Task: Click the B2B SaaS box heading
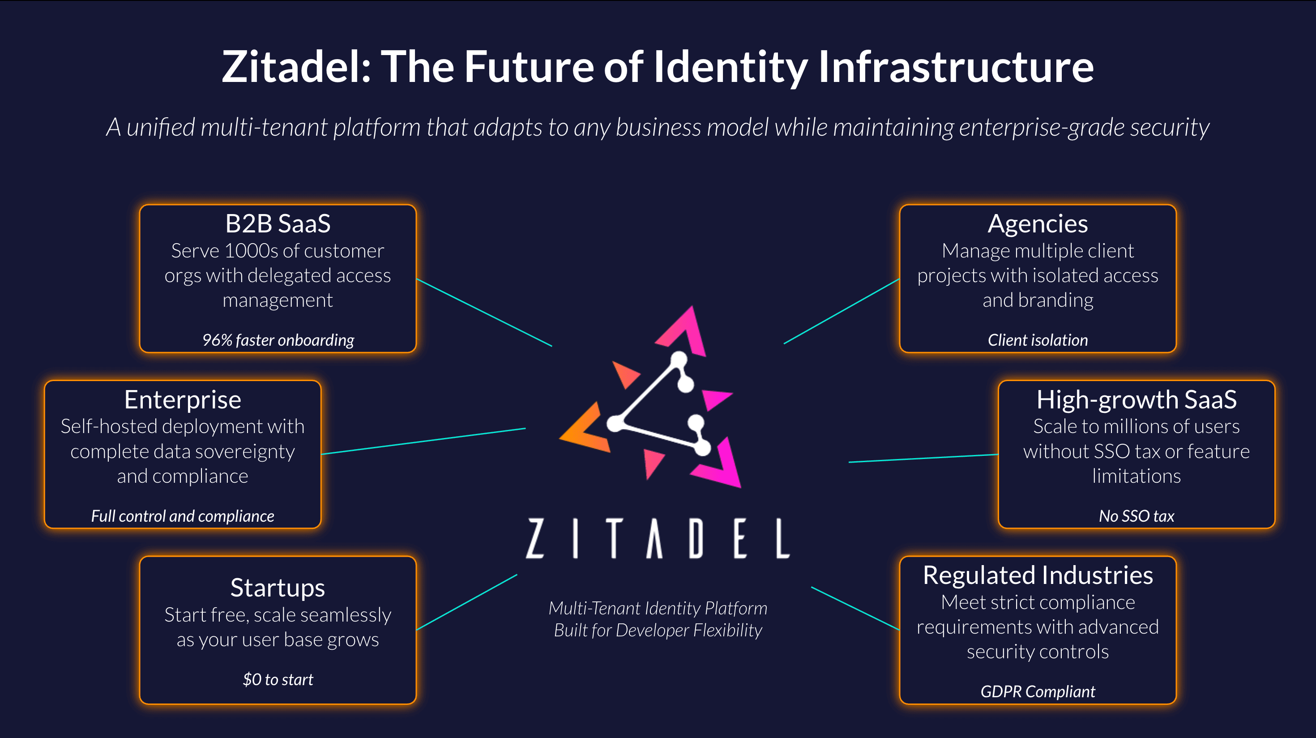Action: (278, 224)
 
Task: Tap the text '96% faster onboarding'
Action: (278, 340)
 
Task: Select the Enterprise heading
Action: (182, 399)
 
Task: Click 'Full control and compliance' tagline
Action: (182, 516)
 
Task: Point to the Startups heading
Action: (278, 588)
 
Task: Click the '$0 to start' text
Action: (278, 679)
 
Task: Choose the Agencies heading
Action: (1038, 224)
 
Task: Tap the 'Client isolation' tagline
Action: (1038, 340)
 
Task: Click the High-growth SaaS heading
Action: (1136, 399)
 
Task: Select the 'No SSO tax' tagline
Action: (1136, 516)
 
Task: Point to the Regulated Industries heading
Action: (1038, 575)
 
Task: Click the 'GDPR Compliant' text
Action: (1038, 691)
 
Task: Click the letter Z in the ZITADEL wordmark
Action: (535, 538)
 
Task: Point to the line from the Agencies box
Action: (842, 311)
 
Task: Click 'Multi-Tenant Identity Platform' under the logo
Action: (658, 608)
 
